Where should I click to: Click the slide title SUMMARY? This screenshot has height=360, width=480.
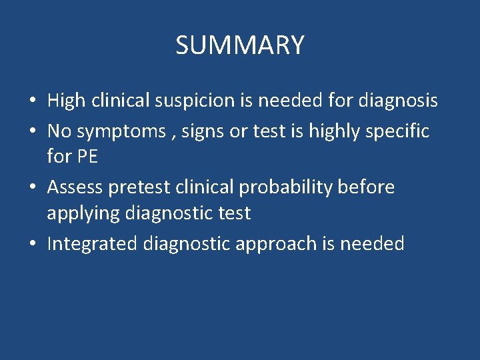coord(240,45)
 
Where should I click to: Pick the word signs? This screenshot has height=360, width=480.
coord(197,131)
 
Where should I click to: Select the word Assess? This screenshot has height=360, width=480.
coord(75,187)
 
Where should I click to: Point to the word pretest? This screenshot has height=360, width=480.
coord(139,187)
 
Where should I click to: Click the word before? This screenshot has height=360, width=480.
coord(367,187)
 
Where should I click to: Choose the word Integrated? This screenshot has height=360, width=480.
coord(92,244)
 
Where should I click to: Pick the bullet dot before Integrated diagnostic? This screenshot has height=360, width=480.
coord(32,245)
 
